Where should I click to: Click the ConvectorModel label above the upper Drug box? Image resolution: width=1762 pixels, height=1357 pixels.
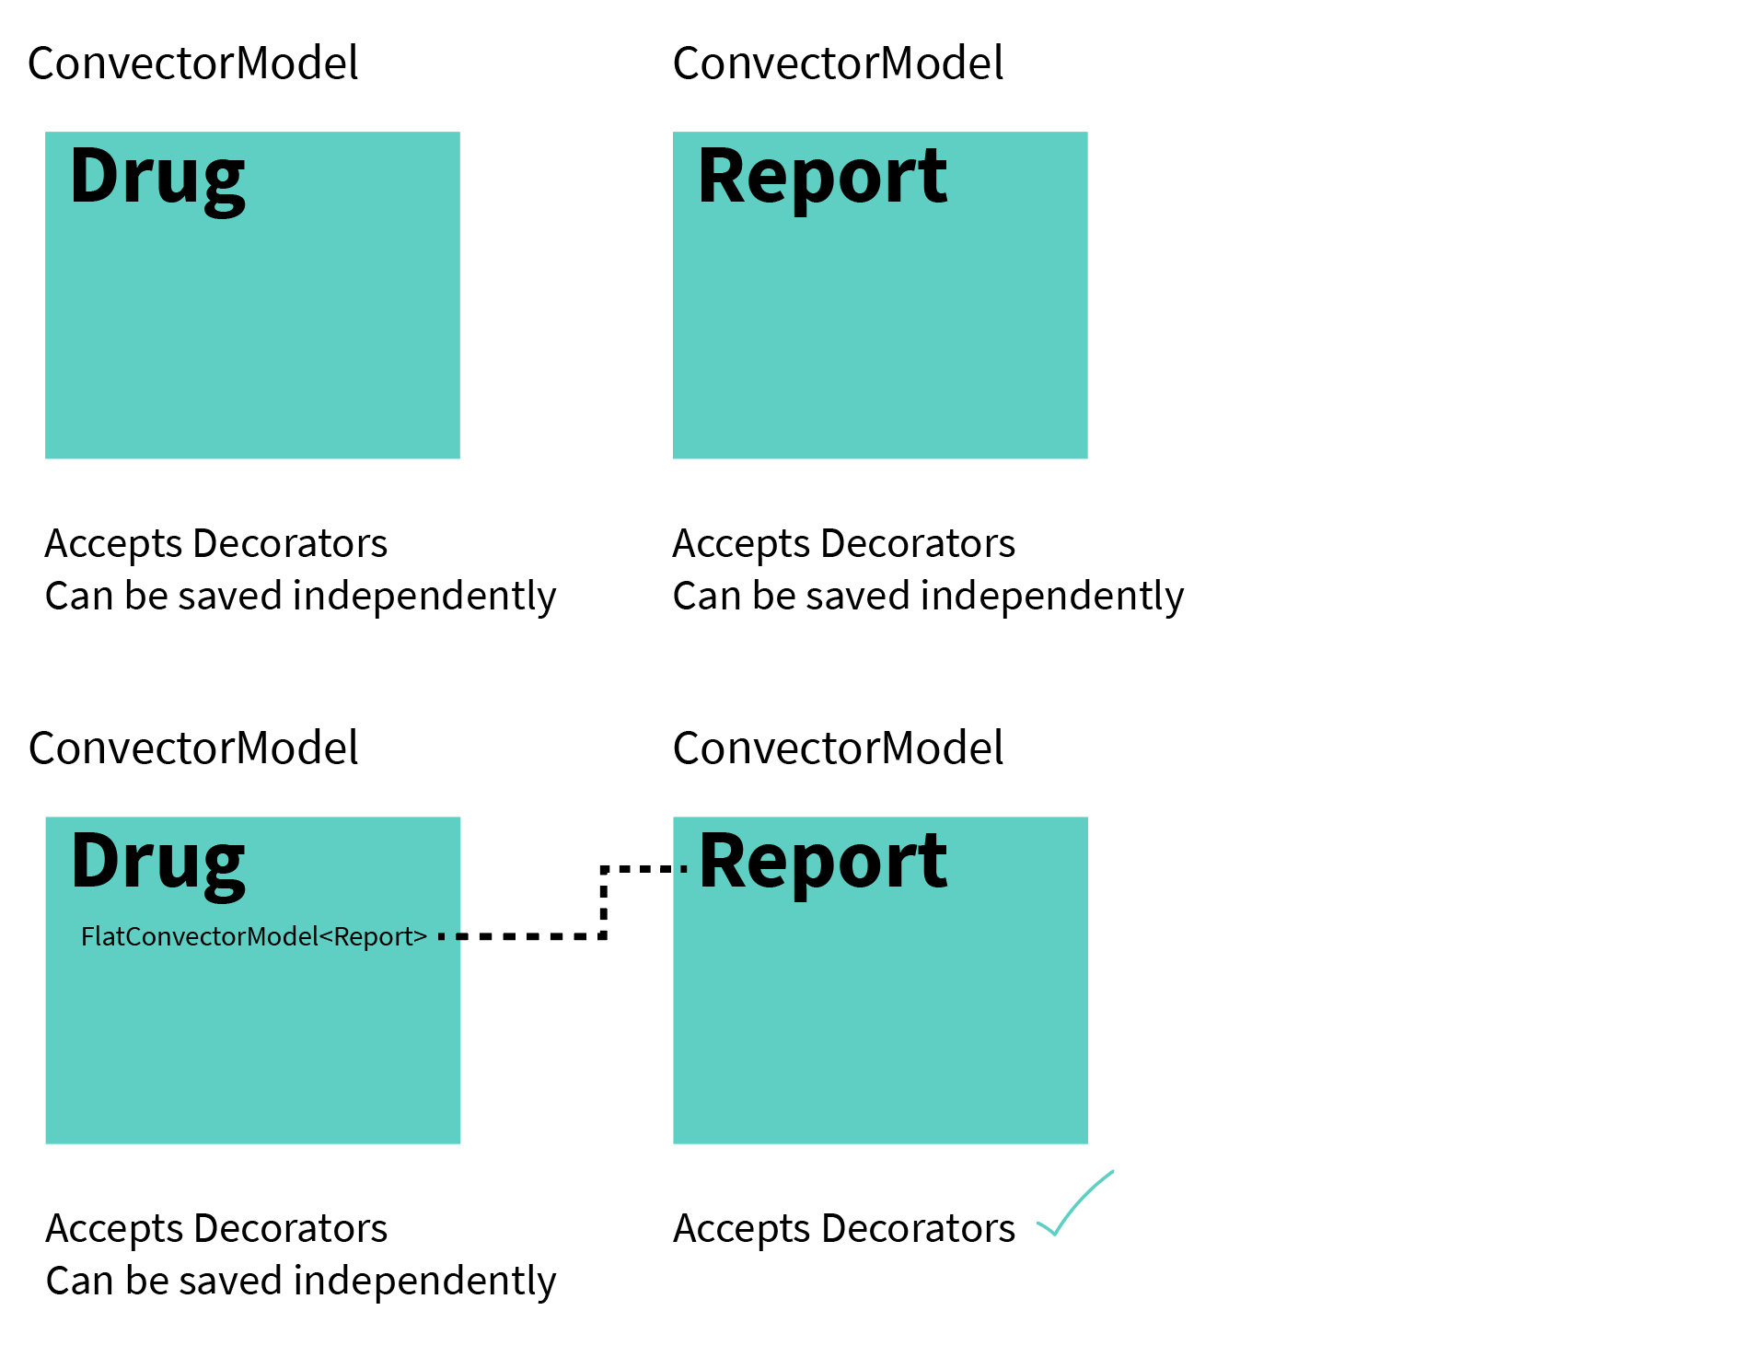193,64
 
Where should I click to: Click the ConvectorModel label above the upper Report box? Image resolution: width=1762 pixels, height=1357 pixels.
839,64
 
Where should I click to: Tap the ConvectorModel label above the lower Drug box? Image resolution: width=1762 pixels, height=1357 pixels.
193,748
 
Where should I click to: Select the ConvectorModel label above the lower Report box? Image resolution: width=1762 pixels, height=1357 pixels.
839,748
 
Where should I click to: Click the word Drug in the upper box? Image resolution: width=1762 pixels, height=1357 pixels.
157,180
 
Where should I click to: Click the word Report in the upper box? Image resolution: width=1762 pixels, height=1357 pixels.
822,180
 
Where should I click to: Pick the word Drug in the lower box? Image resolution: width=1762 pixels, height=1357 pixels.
157,865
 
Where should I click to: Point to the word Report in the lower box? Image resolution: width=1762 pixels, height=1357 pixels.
822,864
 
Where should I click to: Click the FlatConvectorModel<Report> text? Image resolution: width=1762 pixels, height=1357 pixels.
254,937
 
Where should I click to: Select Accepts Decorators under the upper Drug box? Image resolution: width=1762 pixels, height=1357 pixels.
216,545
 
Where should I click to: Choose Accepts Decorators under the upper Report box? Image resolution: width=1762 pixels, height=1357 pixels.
844,545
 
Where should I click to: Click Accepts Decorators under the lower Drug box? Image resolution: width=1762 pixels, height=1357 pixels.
216,1230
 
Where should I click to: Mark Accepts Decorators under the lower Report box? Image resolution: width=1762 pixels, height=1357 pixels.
844,1230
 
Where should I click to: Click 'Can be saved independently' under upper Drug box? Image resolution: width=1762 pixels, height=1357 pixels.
301,597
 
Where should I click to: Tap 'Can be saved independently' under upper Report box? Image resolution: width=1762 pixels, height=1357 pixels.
929,597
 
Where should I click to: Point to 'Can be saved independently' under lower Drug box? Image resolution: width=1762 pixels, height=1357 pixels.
301,1282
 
